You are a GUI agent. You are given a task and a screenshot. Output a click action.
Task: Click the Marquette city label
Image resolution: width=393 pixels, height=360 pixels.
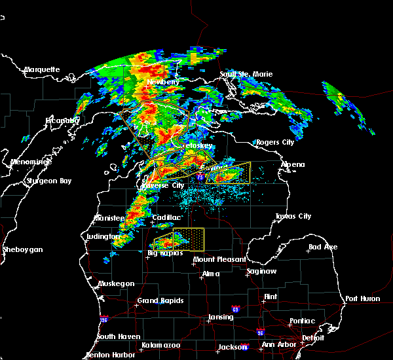(x=42, y=69)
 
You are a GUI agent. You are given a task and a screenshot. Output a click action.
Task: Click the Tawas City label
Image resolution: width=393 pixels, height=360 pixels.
(x=293, y=216)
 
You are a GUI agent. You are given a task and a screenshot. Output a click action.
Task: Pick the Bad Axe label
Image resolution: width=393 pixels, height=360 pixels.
(x=323, y=247)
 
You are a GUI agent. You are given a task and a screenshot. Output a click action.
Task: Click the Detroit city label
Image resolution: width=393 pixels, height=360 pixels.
(x=313, y=338)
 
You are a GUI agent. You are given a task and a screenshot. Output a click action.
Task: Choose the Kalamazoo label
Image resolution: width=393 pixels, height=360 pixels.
(x=161, y=345)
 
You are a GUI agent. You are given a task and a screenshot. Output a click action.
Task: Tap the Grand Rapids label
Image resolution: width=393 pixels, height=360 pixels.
(x=157, y=301)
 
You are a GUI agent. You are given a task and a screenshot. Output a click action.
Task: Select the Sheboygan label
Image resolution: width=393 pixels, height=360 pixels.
(x=23, y=249)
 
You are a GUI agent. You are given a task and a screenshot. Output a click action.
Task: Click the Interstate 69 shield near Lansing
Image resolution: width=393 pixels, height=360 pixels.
(x=235, y=308)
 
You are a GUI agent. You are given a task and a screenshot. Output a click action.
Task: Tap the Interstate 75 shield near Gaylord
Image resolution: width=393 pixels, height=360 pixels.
(x=199, y=176)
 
